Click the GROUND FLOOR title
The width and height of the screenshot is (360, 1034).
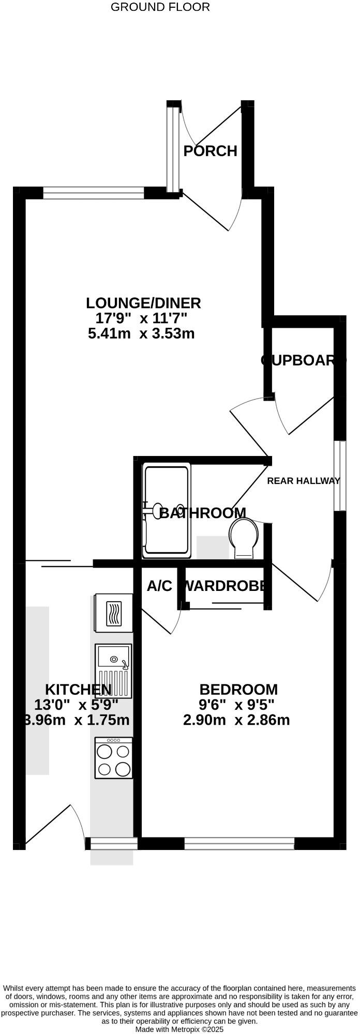point(160,7)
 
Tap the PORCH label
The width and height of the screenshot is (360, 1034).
point(211,151)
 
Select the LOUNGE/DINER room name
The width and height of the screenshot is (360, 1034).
point(143,303)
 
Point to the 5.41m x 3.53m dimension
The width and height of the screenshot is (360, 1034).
point(141,333)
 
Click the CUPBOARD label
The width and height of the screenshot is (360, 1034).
point(303,360)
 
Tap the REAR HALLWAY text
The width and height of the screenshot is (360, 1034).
point(304,481)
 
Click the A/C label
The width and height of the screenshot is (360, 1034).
point(159,586)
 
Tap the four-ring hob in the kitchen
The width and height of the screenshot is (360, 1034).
point(113,757)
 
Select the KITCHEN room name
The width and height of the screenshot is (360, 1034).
point(78,689)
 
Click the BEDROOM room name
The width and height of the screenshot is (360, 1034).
point(238,689)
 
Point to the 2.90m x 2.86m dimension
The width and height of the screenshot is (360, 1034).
point(236,720)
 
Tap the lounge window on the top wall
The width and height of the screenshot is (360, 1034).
point(93,193)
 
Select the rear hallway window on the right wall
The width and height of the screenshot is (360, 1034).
point(340,476)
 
